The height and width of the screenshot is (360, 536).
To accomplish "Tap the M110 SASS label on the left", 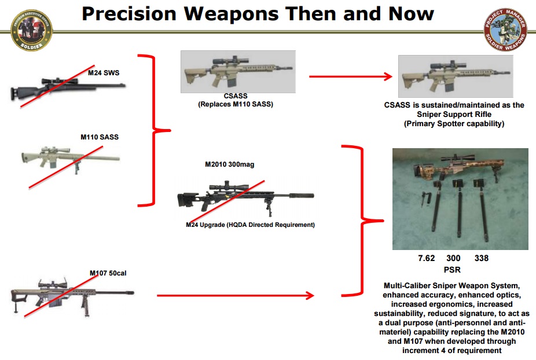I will (x=100, y=137).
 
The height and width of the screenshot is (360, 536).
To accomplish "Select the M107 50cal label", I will (x=108, y=273).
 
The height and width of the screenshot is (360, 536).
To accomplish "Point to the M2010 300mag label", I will (x=230, y=164).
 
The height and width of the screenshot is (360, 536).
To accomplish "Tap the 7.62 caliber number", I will (x=427, y=258).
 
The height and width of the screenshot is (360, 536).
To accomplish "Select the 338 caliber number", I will (x=482, y=258).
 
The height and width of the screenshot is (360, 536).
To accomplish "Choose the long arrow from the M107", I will (x=234, y=296).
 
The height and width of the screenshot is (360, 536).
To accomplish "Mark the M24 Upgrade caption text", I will (x=250, y=225).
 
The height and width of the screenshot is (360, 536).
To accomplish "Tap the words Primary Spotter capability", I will (x=454, y=123).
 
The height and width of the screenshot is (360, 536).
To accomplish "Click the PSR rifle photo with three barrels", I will (x=460, y=199).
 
